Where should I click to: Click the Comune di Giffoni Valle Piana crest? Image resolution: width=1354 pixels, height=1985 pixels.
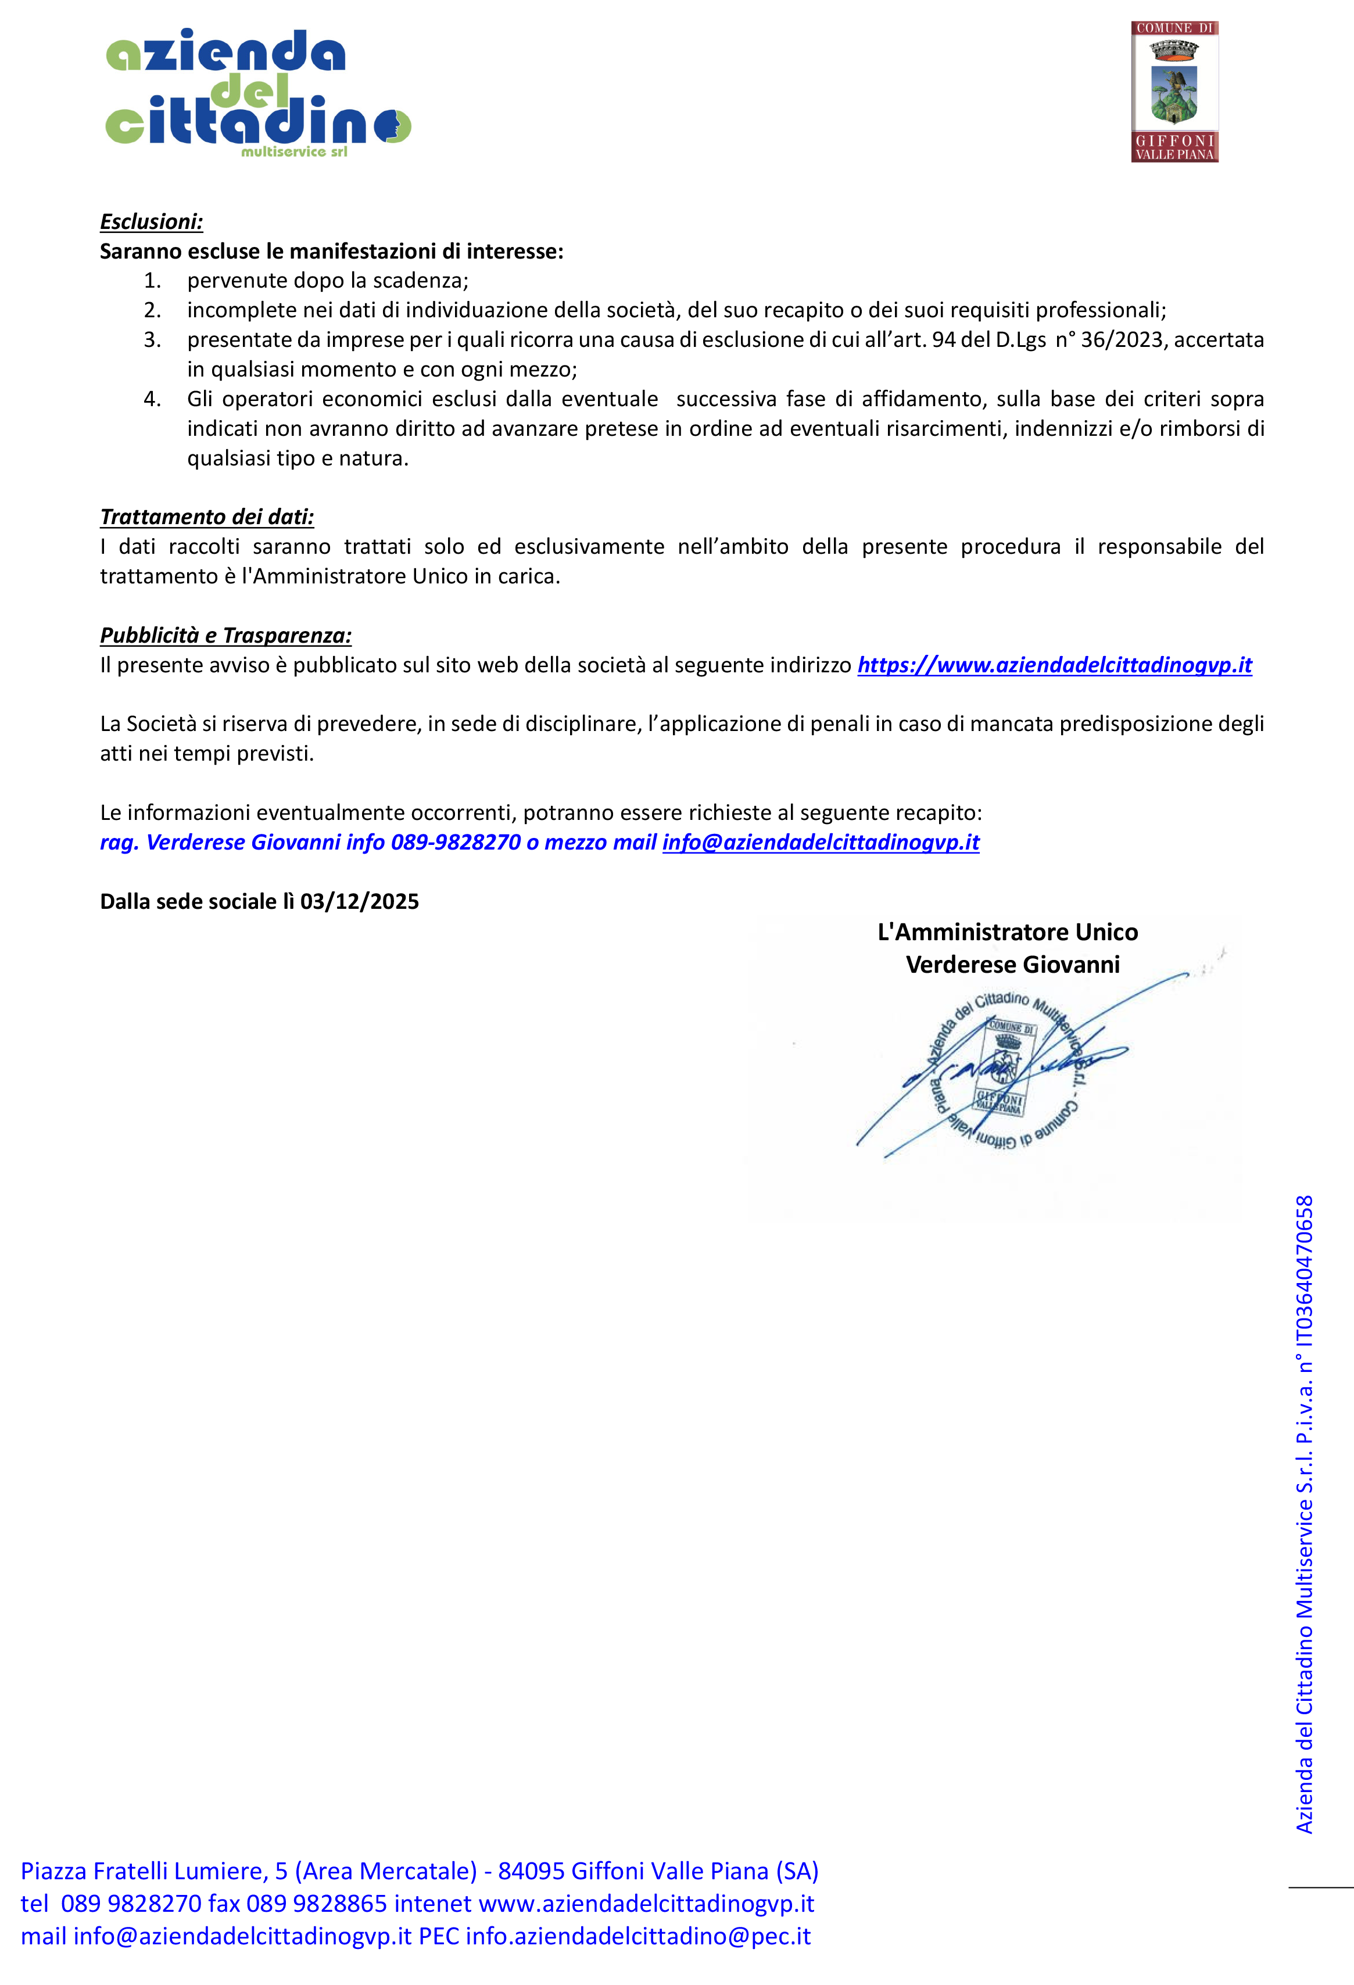tap(1174, 91)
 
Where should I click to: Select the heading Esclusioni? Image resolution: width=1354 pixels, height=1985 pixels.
tap(151, 222)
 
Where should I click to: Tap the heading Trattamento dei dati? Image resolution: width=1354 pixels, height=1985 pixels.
tap(207, 517)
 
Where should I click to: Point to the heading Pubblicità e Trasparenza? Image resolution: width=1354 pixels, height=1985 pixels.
tap(225, 636)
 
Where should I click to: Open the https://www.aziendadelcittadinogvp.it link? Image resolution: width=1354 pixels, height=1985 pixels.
tap(1054, 665)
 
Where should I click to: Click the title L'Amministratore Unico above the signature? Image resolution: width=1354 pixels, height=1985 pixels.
tap(1007, 932)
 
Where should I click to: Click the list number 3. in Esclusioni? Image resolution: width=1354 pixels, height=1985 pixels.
tap(152, 340)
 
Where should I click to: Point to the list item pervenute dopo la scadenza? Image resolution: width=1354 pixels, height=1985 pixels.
tap(327, 281)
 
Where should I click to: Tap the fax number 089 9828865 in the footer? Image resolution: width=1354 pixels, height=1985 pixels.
tap(316, 1904)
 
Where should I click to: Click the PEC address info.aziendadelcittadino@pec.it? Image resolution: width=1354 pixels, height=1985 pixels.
tap(637, 1936)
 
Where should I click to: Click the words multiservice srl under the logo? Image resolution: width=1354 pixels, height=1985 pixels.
tap(294, 152)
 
